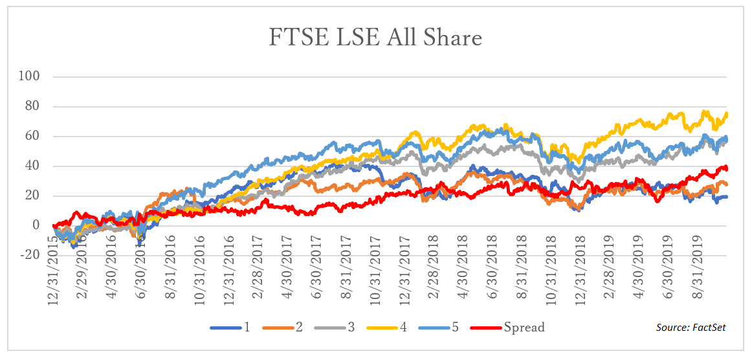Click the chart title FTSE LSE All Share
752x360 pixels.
point(375,38)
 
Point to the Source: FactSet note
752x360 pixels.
point(691,328)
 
